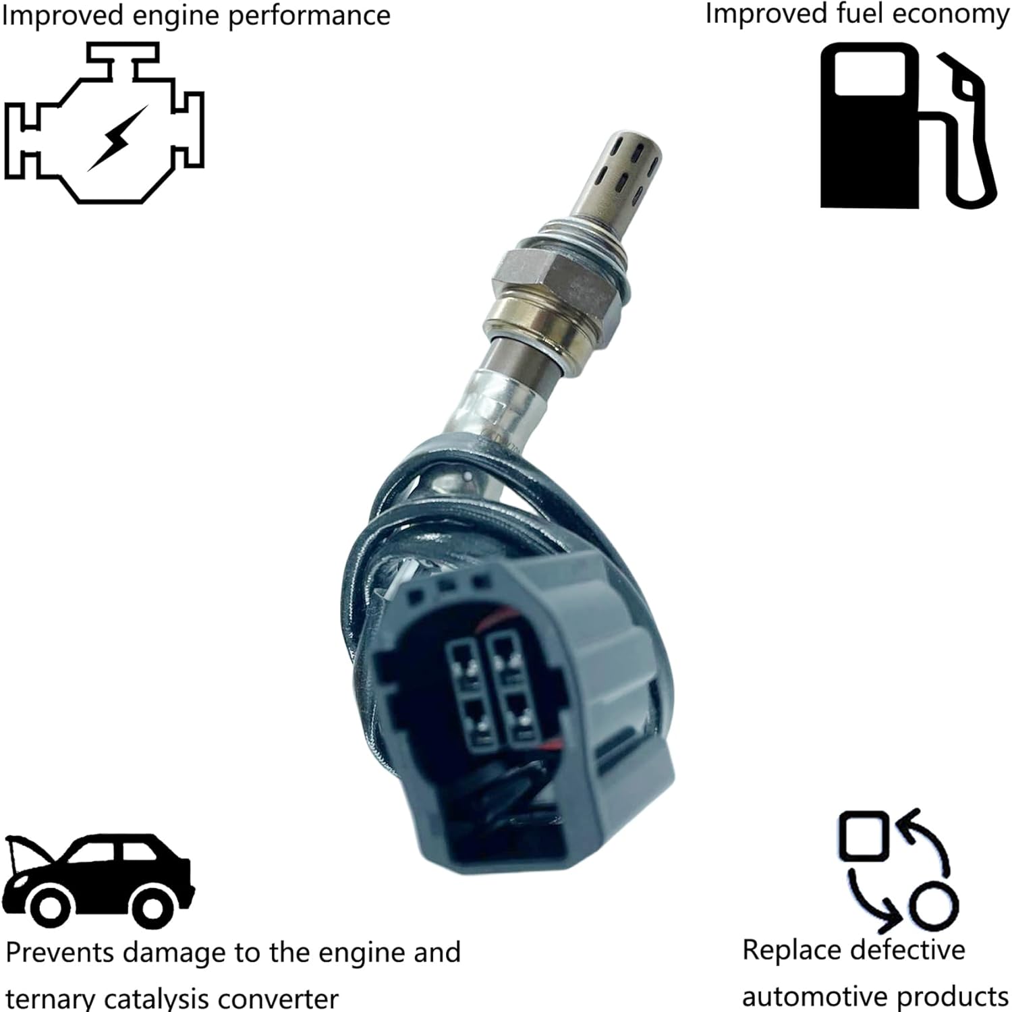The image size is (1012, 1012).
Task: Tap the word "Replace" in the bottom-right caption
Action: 783,951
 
